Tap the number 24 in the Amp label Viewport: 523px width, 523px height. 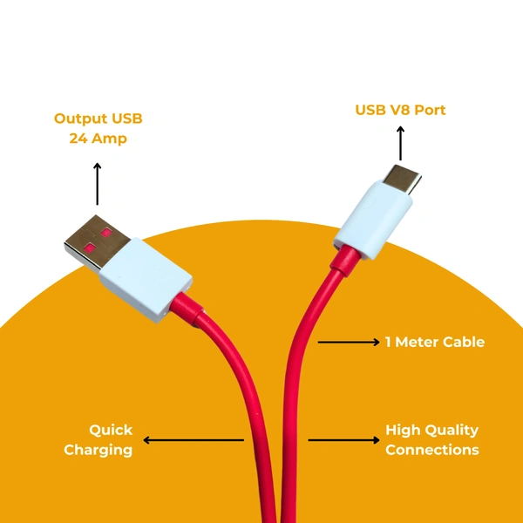[x=79, y=138]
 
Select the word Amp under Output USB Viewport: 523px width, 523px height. [x=110, y=138]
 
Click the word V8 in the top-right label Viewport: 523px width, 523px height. [x=401, y=110]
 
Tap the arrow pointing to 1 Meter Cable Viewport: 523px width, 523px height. [x=348, y=343]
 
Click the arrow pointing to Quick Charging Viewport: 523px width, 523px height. [x=192, y=440]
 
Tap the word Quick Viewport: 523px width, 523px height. [x=111, y=430]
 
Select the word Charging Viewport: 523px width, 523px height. [x=98, y=450]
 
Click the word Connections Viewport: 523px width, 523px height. [x=431, y=450]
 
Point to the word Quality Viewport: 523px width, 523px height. [x=452, y=430]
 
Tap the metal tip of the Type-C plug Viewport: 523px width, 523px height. [x=404, y=180]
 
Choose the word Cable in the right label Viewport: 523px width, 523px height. [x=462, y=343]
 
